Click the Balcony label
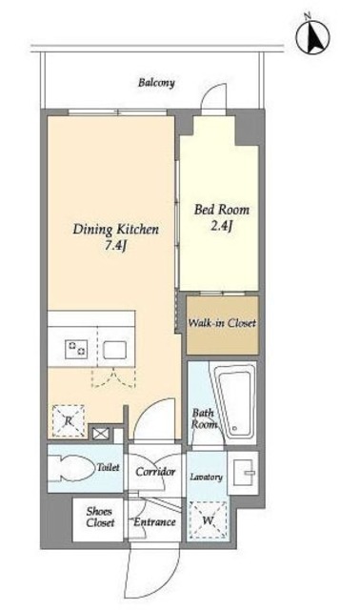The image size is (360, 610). [156, 83]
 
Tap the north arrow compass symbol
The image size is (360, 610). [312, 37]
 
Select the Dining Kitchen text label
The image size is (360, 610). [116, 230]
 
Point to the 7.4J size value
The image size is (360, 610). [116, 247]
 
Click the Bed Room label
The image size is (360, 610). [222, 210]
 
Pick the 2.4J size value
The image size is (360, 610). [221, 226]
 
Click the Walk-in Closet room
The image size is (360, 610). [222, 326]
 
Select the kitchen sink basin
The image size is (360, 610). [114, 350]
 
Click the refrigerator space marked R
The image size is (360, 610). [69, 420]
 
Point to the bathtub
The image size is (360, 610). [235, 403]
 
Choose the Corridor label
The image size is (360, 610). [155, 472]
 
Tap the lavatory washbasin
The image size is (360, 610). [244, 473]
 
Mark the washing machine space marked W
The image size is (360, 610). [208, 520]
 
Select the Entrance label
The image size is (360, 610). [154, 522]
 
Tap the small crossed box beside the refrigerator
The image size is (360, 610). [100, 434]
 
